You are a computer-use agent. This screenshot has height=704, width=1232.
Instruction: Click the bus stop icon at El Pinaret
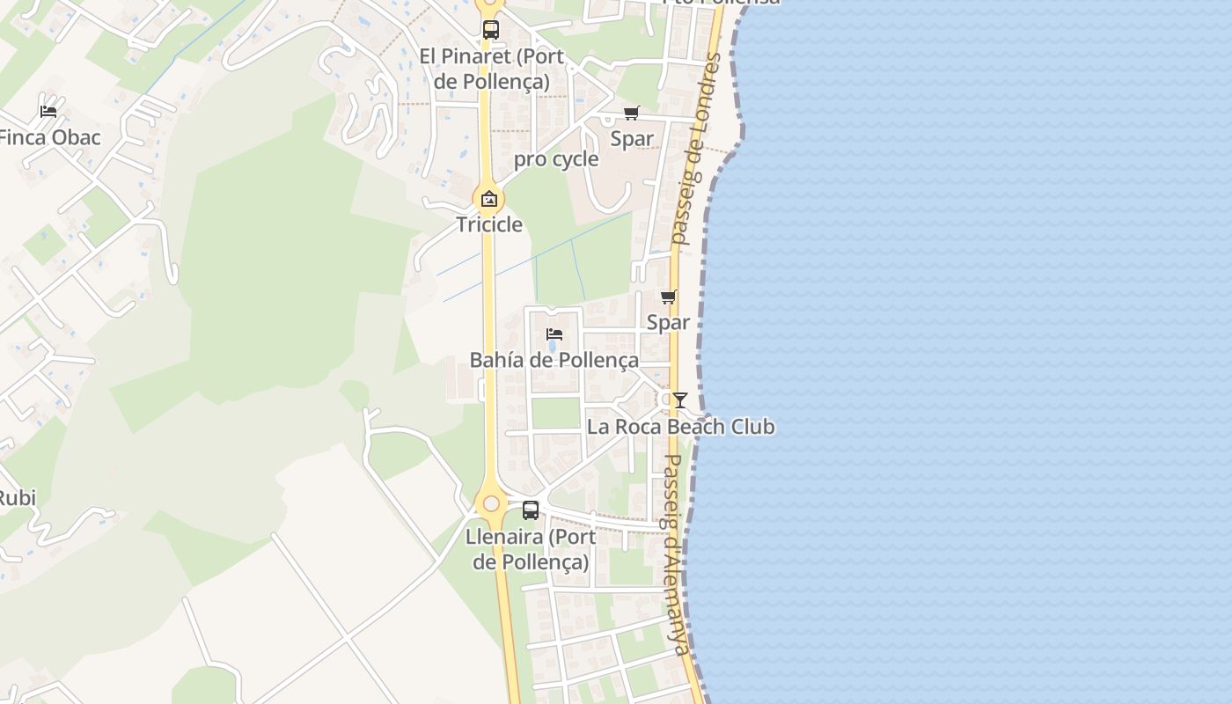click(491, 29)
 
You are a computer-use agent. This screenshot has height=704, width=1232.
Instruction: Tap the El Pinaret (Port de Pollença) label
click(492, 69)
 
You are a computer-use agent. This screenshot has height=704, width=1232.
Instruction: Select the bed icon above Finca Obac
click(48, 112)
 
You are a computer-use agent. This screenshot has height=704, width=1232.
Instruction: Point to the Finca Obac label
click(50, 137)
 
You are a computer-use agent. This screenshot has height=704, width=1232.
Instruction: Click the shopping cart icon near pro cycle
click(631, 114)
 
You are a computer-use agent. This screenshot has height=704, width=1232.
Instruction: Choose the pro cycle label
click(556, 159)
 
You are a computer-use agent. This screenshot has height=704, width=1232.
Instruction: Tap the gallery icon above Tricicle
click(489, 199)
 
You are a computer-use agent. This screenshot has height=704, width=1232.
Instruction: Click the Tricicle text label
click(489, 224)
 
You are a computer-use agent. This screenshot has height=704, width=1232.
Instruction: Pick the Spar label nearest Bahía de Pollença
click(668, 322)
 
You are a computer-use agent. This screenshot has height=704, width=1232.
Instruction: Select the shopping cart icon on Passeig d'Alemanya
click(669, 297)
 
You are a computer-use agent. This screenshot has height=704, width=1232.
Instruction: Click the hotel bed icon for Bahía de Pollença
click(554, 334)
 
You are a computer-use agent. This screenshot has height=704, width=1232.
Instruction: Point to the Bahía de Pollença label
click(554, 360)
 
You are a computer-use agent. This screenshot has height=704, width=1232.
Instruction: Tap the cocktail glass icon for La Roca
click(680, 400)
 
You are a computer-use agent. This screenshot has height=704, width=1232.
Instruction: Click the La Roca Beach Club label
click(681, 427)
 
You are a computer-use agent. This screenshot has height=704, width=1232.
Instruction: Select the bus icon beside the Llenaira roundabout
click(531, 510)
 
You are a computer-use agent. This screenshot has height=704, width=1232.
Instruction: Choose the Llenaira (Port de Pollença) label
click(531, 549)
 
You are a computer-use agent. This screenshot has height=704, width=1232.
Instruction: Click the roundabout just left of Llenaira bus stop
click(491, 504)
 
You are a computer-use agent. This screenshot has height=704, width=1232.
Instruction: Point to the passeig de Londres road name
click(695, 150)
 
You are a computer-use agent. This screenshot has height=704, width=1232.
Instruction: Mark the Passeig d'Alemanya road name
click(675, 554)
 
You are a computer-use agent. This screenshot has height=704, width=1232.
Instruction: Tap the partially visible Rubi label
click(17, 498)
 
